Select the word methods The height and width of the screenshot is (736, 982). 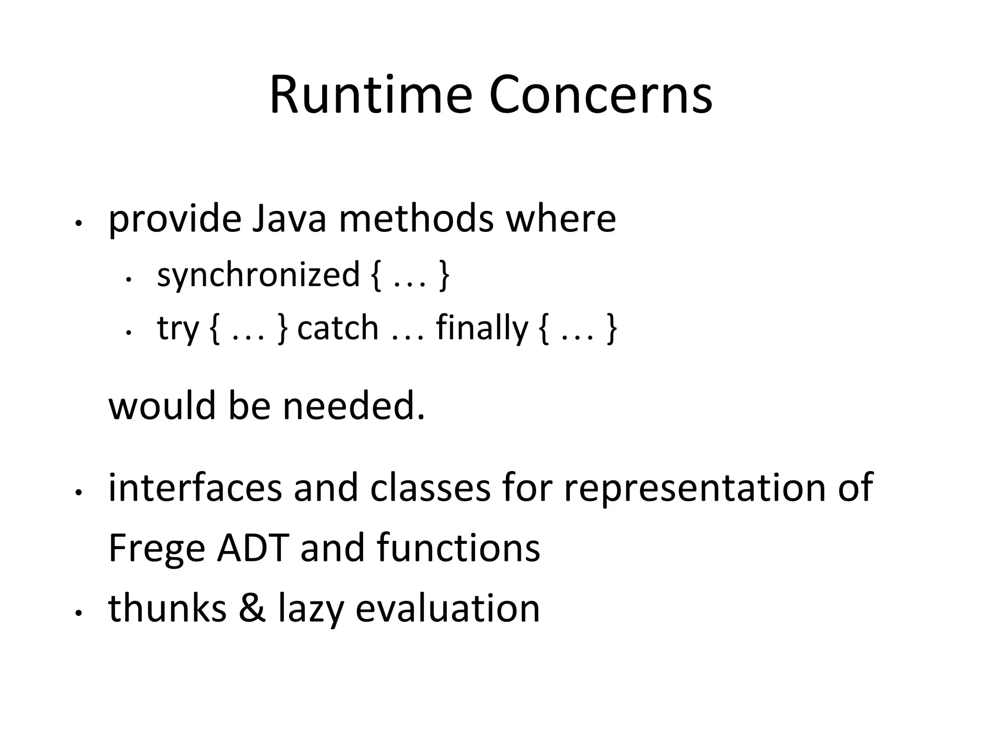416,218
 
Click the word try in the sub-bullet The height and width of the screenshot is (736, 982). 177,329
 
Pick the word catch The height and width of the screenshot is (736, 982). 338,328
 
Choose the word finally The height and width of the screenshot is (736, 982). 481,329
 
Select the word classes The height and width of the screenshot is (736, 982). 430,487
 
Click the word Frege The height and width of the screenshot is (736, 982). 157,549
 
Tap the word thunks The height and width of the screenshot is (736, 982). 167,608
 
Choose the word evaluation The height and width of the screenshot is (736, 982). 448,608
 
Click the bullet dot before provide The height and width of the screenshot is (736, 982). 79,224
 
